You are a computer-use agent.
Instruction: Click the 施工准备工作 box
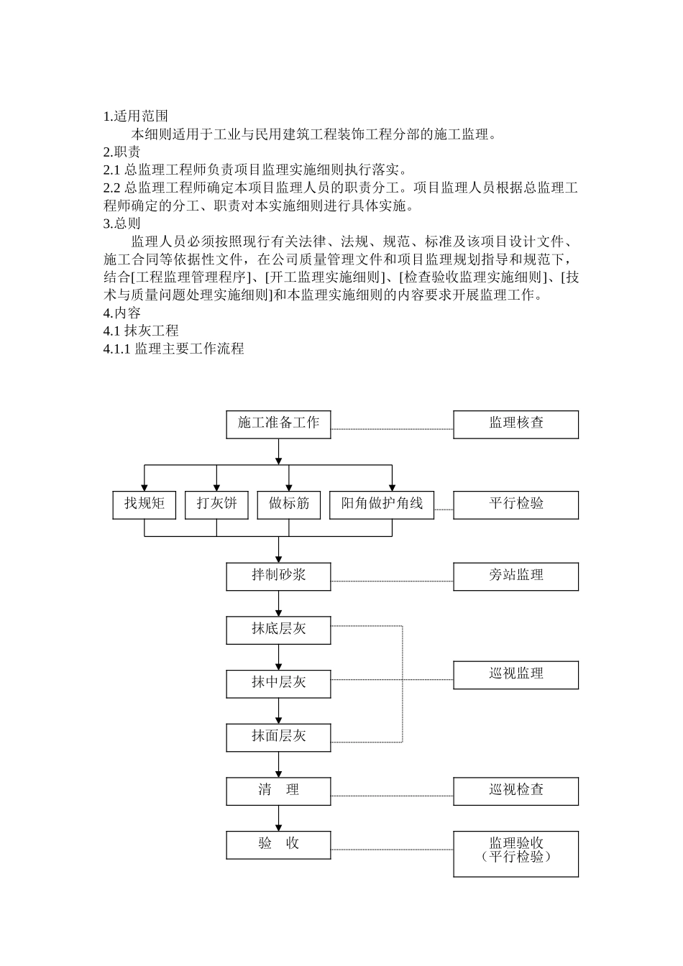278,424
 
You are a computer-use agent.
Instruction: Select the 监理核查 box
515,424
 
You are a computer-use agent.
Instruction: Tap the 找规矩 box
144,505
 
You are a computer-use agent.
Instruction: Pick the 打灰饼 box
216,505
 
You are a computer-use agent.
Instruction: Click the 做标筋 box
288,505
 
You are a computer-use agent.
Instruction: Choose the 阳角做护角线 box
382,505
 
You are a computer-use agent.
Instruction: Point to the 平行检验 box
515,505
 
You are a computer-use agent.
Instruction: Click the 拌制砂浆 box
278,576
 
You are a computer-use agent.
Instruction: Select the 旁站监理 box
515,576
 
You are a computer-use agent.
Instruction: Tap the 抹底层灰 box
278,630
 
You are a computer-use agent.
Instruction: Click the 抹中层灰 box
278,684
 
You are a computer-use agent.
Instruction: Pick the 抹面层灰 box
278,737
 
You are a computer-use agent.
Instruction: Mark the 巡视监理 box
515,675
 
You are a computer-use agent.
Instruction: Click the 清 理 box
278,791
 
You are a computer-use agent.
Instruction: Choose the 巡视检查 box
515,791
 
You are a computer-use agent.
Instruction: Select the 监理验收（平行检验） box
515,854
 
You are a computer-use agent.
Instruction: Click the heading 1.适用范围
135,116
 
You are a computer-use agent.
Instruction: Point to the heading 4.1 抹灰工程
141,331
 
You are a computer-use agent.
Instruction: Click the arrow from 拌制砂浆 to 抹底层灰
278,603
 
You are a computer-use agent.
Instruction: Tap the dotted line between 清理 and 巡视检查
392,796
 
